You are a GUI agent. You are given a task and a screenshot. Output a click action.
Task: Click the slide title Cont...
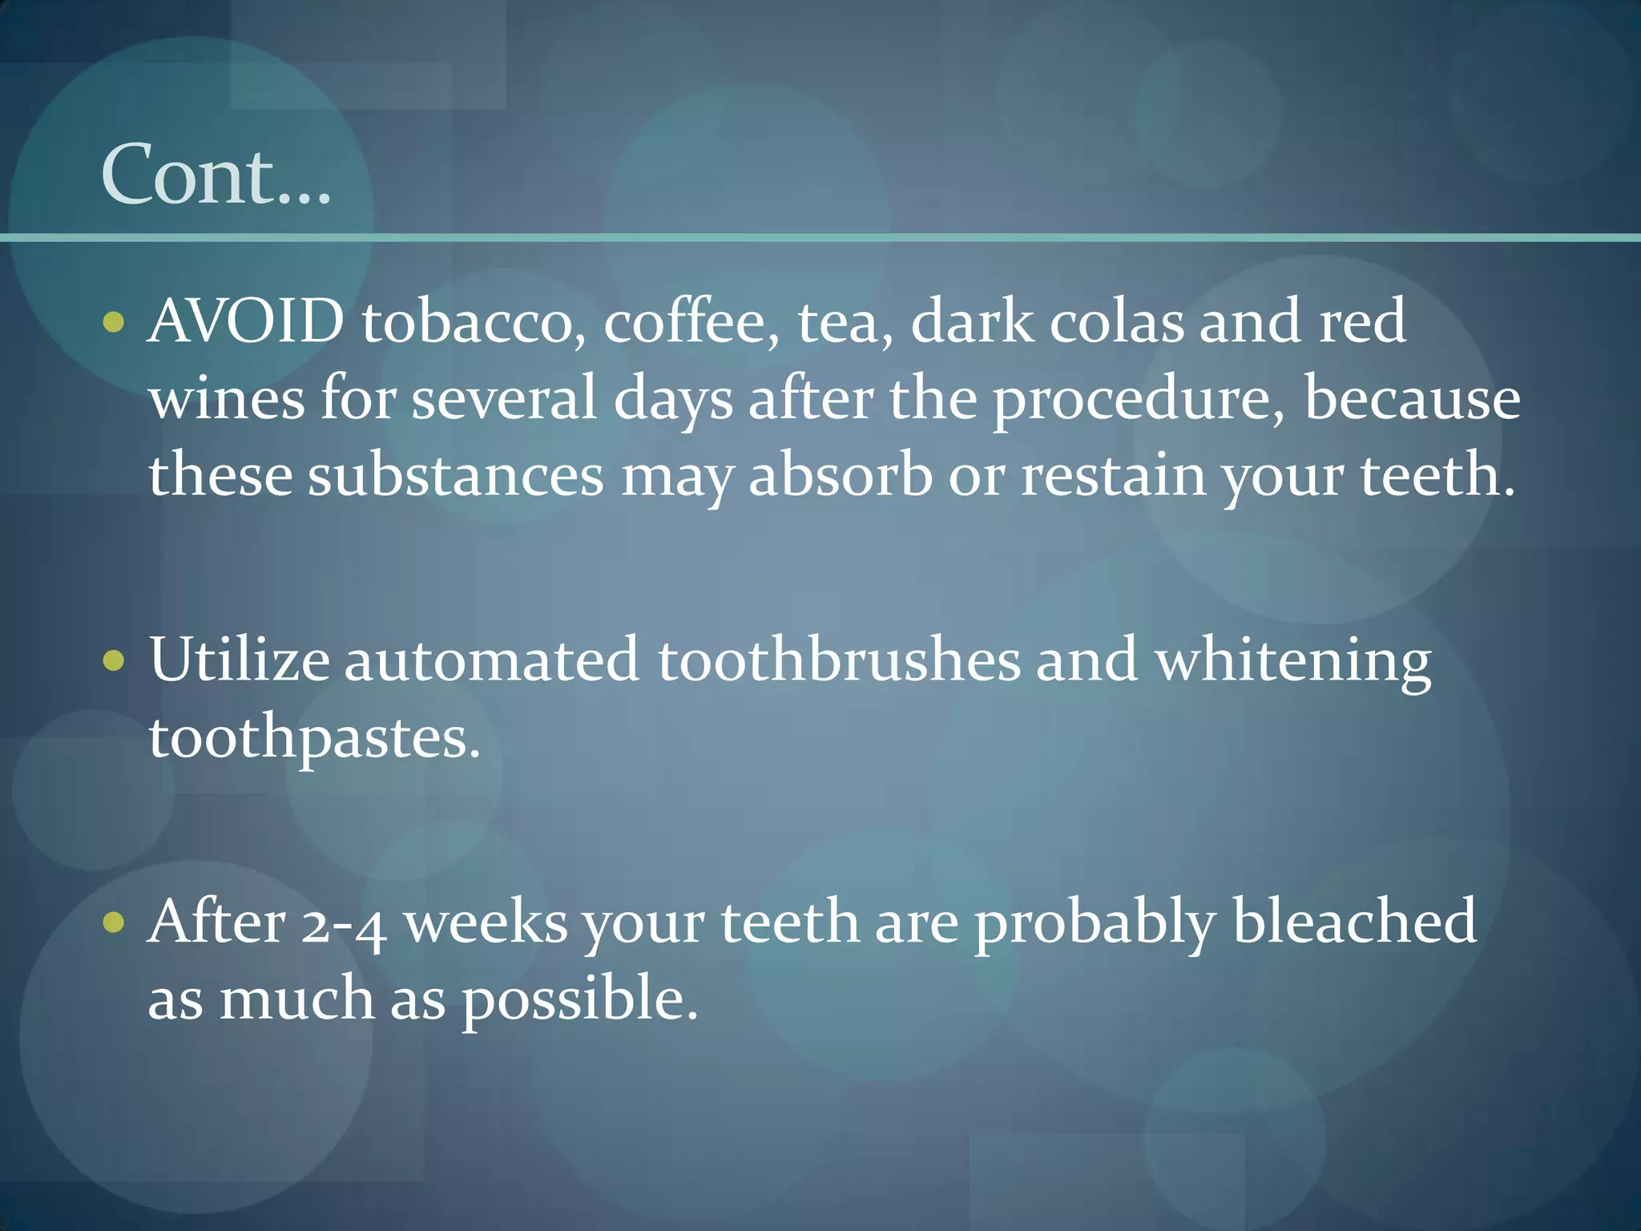tap(216, 174)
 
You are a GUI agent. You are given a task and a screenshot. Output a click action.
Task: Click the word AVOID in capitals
tap(246, 321)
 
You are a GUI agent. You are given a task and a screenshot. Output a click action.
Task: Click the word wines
tap(227, 398)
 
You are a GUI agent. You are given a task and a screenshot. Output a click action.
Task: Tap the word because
tap(1412, 398)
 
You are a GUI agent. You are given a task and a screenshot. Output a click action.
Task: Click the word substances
tap(456, 475)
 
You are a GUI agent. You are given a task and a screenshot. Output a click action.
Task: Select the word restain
tap(1113, 475)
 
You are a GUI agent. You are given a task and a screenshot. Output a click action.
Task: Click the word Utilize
tap(239, 660)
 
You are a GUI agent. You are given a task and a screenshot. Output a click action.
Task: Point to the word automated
tap(491, 660)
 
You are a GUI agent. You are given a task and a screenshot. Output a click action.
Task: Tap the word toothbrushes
tap(839, 660)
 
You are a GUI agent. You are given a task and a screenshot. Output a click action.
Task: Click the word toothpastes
tap(313, 738)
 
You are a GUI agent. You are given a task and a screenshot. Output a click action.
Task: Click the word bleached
tap(1354, 921)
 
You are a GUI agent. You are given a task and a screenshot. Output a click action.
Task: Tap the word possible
tap(579, 999)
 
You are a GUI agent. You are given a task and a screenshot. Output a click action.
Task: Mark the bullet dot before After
tap(115, 922)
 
